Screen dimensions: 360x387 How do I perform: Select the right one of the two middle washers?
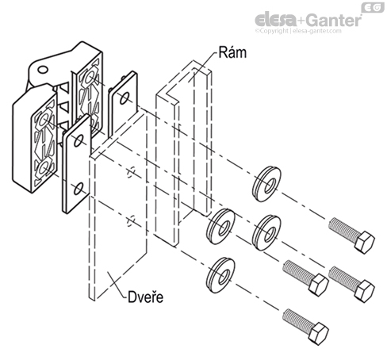(x=263, y=232)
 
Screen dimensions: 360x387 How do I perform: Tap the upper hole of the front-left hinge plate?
(x=76, y=144)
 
